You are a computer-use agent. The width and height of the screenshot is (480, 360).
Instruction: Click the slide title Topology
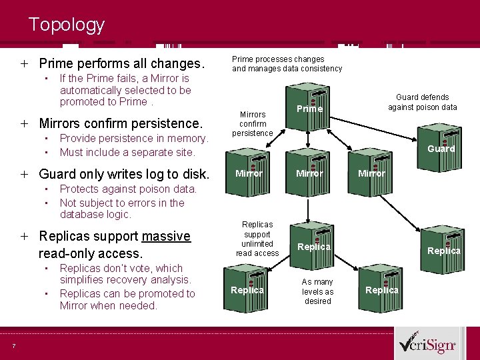(x=67, y=25)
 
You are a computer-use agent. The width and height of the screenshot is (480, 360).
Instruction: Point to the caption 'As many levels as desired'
(x=317, y=291)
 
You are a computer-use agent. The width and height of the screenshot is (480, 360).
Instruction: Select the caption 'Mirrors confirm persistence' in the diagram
(x=252, y=123)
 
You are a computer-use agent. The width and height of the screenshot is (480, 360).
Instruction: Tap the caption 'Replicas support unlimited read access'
(x=257, y=239)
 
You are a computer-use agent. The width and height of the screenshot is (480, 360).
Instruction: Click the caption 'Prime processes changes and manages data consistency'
(x=287, y=63)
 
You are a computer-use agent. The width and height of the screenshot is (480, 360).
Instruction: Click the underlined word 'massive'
(x=166, y=236)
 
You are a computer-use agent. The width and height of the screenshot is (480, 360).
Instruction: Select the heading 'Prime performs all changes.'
(x=121, y=64)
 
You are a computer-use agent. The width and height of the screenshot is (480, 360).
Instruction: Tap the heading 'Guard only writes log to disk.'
(x=124, y=175)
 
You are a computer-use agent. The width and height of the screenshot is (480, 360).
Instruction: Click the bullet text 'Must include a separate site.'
(x=127, y=152)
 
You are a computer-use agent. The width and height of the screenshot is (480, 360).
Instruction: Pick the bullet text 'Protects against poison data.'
(x=128, y=189)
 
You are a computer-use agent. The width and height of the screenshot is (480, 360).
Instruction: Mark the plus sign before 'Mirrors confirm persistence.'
(x=24, y=123)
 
